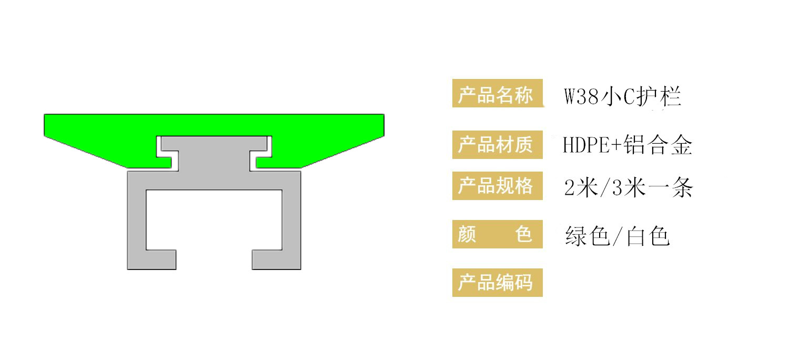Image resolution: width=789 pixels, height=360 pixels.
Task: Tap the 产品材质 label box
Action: click(x=497, y=145)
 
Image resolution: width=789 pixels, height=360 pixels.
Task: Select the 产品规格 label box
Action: click(x=497, y=186)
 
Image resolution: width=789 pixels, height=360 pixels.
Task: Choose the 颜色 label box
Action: click(x=497, y=234)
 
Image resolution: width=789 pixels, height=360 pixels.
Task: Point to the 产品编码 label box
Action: click(x=497, y=283)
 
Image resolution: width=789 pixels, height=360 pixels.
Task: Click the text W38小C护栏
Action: click(x=623, y=97)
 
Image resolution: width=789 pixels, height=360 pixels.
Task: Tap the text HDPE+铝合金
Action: click(x=627, y=145)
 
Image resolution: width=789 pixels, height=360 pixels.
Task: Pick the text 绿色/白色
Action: click(x=617, y=236)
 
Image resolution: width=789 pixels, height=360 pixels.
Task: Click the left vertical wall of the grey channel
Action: click(x=137, y=221)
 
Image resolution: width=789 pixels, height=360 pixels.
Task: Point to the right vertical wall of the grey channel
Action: click(x=291, y=221)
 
